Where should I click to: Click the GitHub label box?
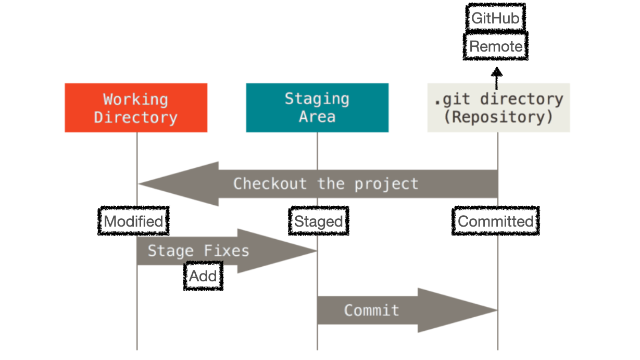495,19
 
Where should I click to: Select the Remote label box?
496,46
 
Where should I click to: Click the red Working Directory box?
136,108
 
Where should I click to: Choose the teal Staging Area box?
317,108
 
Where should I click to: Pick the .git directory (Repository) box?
498,108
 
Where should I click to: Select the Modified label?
134,221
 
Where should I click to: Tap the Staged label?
319,222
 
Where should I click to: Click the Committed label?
496,221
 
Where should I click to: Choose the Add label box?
203,276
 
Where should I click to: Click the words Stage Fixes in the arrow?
198,251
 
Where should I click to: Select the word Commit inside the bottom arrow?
371,311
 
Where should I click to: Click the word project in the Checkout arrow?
386,184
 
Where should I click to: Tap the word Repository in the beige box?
498,117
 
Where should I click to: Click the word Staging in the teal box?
317,99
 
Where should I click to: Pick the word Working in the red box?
135,99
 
